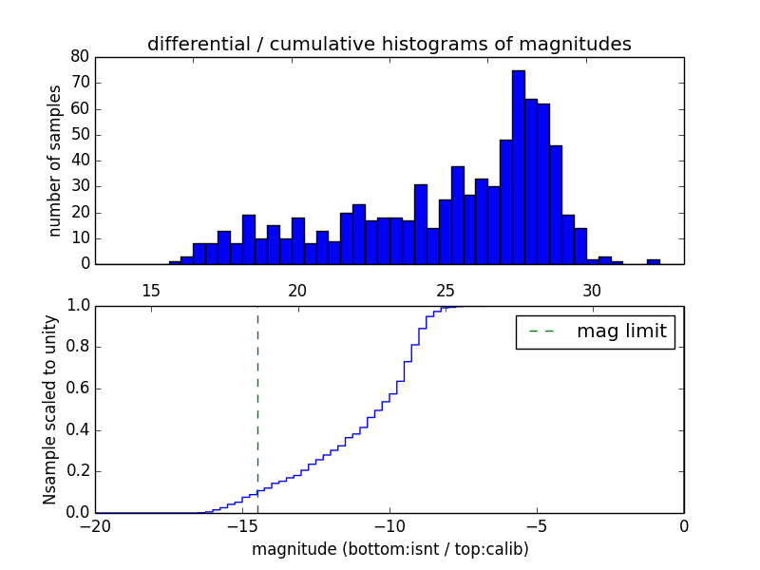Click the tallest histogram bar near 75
[x=518, y=167]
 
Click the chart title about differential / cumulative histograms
[x=389, y=44]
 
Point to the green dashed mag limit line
[x=257, y=399]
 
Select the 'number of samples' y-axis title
[x=55, y=161]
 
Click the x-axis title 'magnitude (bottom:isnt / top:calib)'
[x=389, y=549]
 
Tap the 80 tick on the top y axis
[x=80, y=57]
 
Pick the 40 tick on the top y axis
[x=80, y=161]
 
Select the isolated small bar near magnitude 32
[x=654, y=261]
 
